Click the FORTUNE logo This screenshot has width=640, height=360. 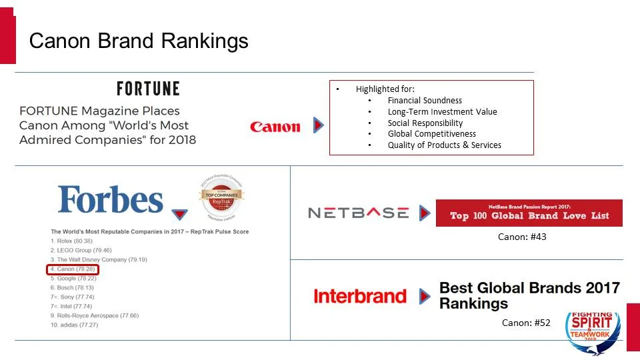coord(148,89)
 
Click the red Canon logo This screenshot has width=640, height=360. coord(275,127)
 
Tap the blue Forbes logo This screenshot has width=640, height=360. coord(111,199)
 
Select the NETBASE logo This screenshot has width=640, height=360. coord(358,213)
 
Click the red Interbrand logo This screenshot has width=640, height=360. coord(359,296)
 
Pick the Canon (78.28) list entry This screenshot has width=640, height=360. coord(73,269)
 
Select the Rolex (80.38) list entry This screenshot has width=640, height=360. coord(72,241)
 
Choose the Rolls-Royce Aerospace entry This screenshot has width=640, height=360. coord(95,315)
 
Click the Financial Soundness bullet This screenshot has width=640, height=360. coord(425,101)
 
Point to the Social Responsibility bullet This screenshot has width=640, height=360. coord(425,123)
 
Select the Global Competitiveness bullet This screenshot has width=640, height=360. coord(431,134)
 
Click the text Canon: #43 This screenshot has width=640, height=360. coord(522,237)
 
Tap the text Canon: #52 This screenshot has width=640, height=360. coord(526,323)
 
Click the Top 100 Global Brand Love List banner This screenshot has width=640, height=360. coord(529,213)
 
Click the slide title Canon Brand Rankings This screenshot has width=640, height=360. coord(139,41)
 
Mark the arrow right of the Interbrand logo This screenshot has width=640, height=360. coord(425,296)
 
